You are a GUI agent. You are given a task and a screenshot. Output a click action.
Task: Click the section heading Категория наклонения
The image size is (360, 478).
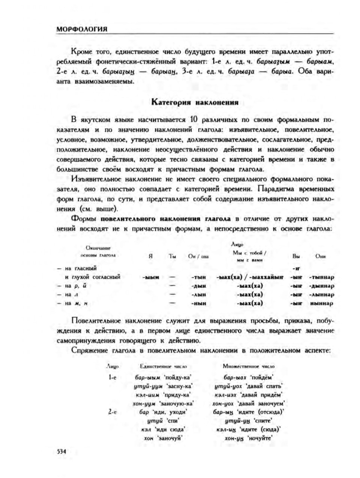[194, 102]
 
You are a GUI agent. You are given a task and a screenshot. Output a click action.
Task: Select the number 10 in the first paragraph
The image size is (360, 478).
[194, 120]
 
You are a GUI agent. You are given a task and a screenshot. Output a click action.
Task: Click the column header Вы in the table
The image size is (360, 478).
[296, 257]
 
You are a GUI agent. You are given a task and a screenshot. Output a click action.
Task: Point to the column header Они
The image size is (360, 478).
[320, 257]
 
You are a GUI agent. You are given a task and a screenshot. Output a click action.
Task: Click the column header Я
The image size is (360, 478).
[151, 257]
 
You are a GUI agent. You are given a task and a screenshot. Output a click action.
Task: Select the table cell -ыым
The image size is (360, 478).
[151, 277]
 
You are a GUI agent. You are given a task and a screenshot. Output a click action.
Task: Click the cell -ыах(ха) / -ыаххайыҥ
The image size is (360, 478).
[250, 277]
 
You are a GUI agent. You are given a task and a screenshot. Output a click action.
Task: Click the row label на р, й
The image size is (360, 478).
[75, 286]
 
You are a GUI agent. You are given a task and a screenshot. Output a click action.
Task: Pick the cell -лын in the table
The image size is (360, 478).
[199, 295]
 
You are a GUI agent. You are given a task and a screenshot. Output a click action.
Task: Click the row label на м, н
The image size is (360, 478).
[75, 304]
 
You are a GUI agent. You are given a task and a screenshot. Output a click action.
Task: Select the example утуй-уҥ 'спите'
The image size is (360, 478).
[248, 421]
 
